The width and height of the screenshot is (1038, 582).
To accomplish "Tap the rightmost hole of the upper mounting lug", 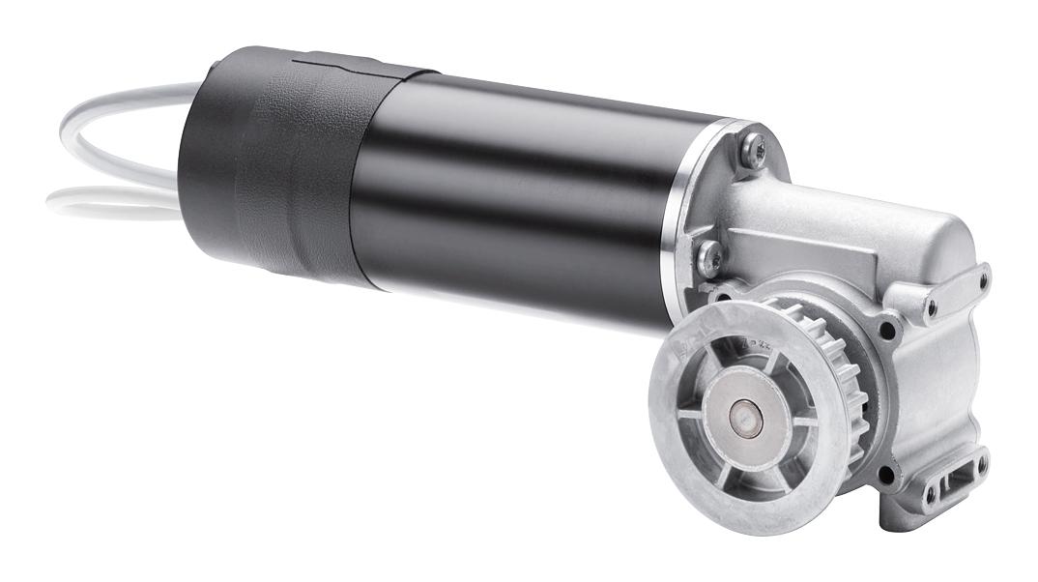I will pos(984,280).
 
